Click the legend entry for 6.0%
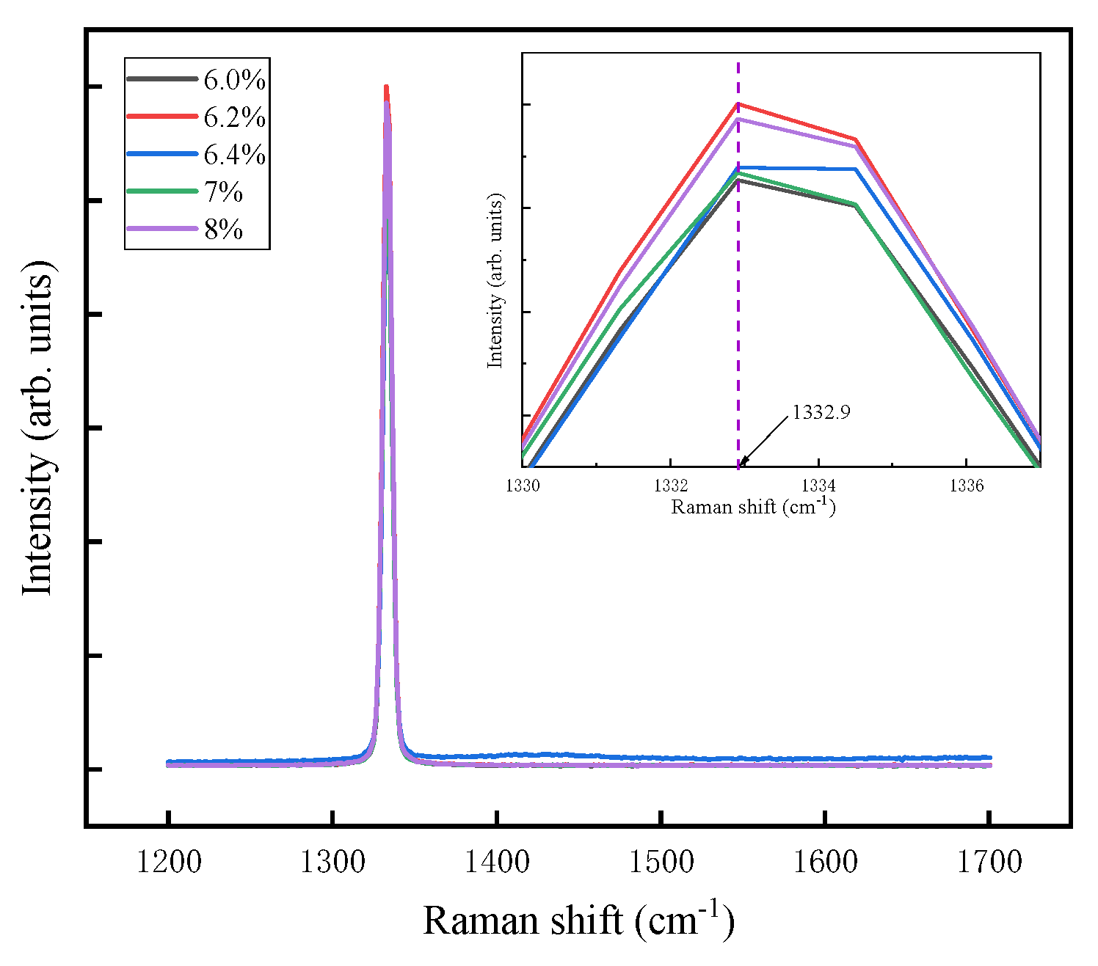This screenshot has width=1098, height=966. [234, 79]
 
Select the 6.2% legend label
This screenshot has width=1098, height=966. [234, 117]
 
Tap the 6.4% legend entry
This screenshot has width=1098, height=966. [234, 154]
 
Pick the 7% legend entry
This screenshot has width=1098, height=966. [223, 191]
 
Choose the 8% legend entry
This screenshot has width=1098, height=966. [223, 229]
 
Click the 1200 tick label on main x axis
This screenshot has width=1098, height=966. [169, 862]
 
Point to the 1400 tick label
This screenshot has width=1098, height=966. [497, 862]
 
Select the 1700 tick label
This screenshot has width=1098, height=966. [989, 862]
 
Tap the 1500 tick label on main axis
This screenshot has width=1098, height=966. [661, 862]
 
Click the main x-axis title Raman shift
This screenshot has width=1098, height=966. [578, 921]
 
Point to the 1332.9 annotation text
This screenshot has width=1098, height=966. [821, 412]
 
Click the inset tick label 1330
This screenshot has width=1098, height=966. [523, 486]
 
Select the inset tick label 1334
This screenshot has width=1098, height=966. [818, 486]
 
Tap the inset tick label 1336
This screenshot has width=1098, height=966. [966, 486]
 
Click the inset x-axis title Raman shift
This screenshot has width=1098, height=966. [753, 506]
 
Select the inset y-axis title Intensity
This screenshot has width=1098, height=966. [496, 281]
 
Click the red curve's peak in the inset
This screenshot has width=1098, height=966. [738, 103]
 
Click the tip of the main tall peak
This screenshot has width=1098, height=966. [386, 87]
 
